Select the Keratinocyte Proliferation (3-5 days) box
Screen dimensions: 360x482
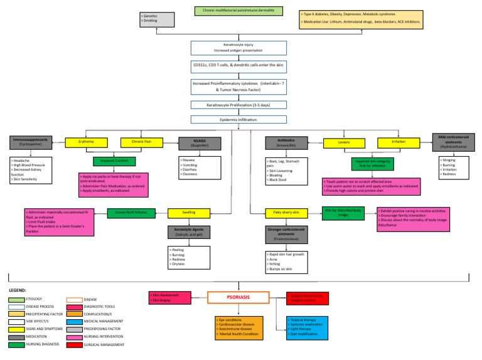[238, 105]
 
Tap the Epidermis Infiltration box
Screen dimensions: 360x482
[238, 119]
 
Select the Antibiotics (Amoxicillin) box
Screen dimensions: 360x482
[287, 144]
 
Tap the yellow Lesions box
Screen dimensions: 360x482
[344, 142]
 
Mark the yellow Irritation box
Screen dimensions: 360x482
[399, 142]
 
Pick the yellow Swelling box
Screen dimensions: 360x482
[188, 213]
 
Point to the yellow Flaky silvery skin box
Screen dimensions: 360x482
[286, 213]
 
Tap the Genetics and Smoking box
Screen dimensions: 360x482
[156, 19]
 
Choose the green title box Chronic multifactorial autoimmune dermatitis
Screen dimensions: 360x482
[238, 11]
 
